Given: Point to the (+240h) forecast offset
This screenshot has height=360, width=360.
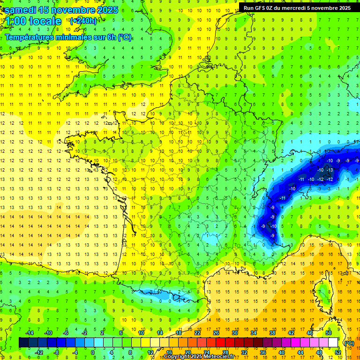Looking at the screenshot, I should [83, 21].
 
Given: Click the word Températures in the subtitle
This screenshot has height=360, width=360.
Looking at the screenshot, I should [33, 37].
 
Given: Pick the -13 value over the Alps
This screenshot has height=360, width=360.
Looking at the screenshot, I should [330, 170].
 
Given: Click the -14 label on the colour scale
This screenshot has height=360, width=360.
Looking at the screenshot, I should [29, 333].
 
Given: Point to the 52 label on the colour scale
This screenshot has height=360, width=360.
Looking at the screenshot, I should [337, 352].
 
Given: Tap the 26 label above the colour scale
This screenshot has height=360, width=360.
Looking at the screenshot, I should [216, 333].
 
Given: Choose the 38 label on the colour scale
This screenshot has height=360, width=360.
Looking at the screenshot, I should [272, 333].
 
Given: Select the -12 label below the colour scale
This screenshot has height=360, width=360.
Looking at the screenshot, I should [38, 352].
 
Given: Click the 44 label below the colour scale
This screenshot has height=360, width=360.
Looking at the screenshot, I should [300, 352].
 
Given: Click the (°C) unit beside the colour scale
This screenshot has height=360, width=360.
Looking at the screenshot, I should [349, 343].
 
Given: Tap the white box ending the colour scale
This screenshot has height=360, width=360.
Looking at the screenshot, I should [333, 343].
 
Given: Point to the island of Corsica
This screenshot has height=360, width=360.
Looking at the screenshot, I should [322, 293].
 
